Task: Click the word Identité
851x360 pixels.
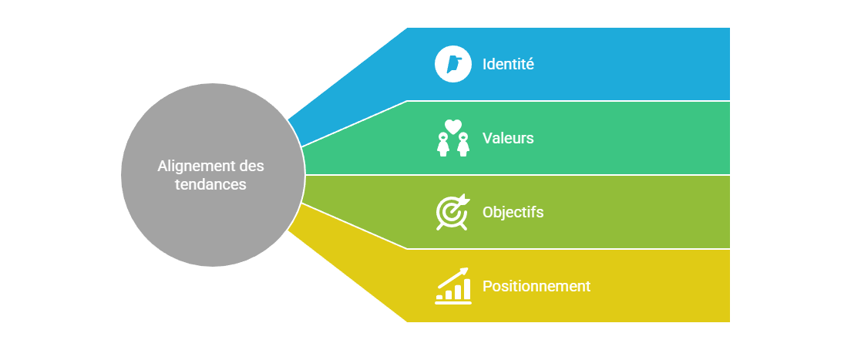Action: click(x=508, y=64)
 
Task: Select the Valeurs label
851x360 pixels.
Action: click(x=508, y=138)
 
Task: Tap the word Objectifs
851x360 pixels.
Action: click(x=513, y=212)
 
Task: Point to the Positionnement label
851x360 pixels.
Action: click(x=536, y=286)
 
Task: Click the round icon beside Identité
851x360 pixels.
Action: click(x=453, y=64)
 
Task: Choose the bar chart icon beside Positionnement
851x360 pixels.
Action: click(x=452, y=286)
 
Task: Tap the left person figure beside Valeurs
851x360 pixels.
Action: click(x=443, y=144)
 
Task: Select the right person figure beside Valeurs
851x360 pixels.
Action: click(x=463, y=144)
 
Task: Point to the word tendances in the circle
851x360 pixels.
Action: click(x=210, y=184)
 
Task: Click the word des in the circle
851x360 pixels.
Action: click(x=251, y=166)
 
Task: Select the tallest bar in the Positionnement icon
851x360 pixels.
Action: click(x=466, y=288)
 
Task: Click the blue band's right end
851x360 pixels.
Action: click(x=725, y=64)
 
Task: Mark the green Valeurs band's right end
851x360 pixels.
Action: click(x=725, y=138)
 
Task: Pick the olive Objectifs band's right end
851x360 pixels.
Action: click(x=725, y=212)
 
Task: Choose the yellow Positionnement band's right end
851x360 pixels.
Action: click(x=725, y=286)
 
